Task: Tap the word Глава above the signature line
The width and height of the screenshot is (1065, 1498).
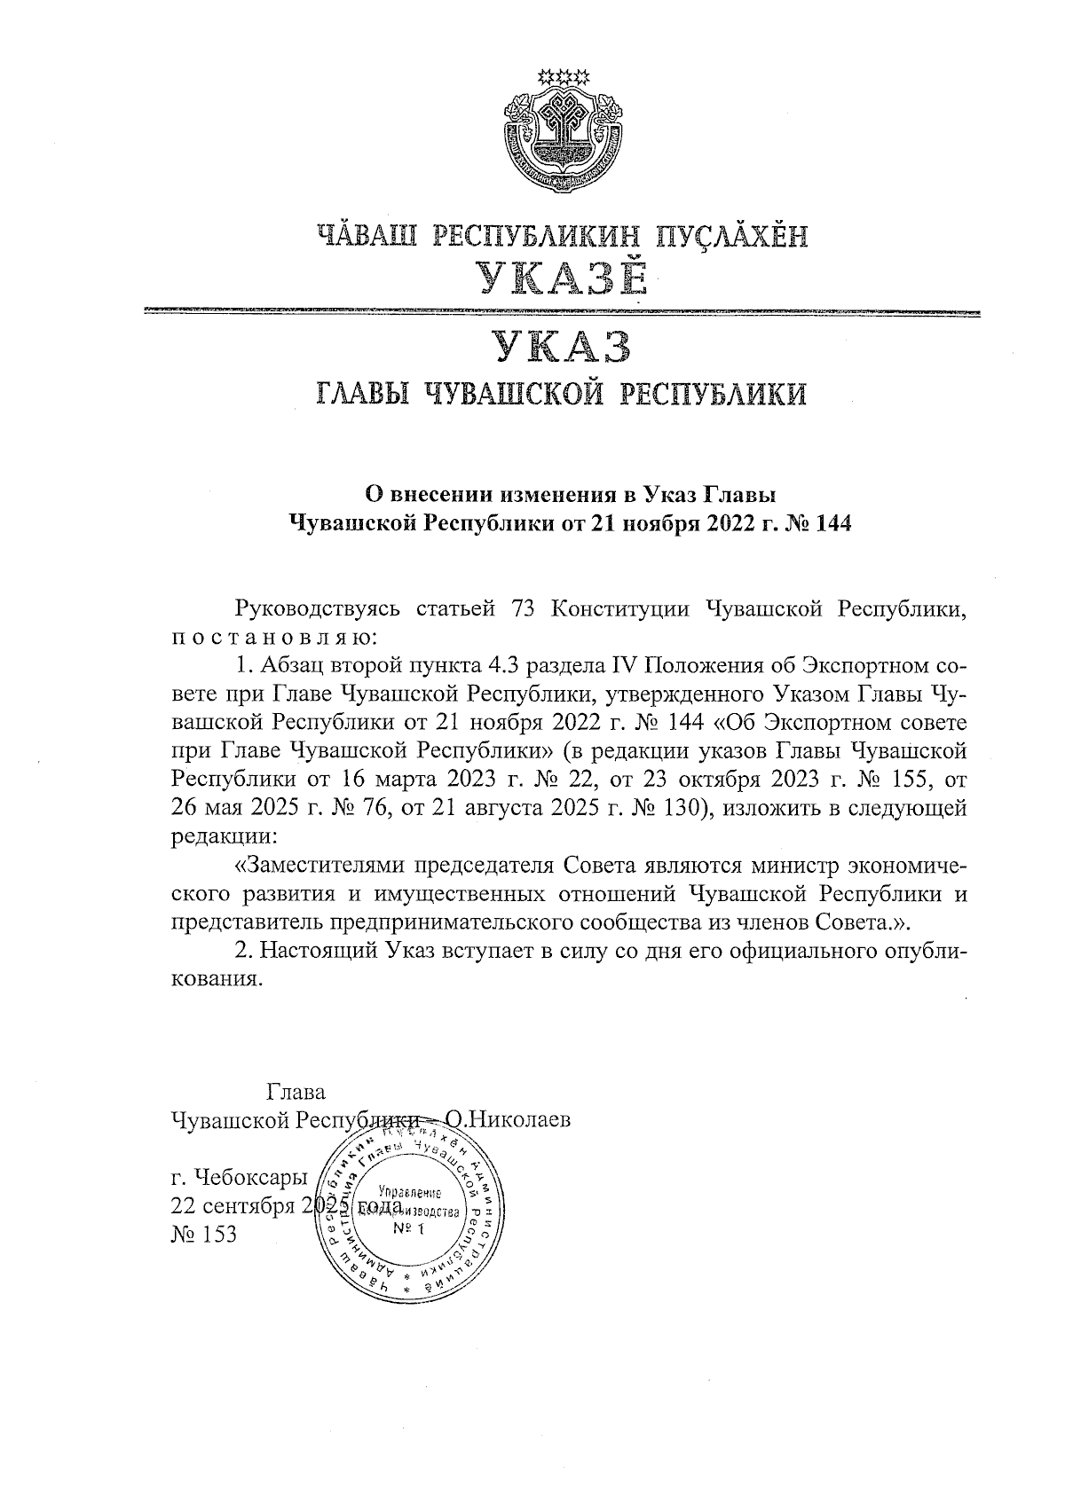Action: click(x=296, y=1091)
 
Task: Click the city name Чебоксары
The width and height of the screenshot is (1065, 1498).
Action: click(x=256, y=1179)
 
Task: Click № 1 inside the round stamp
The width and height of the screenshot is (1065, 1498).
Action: click(x=410, y=1229)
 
